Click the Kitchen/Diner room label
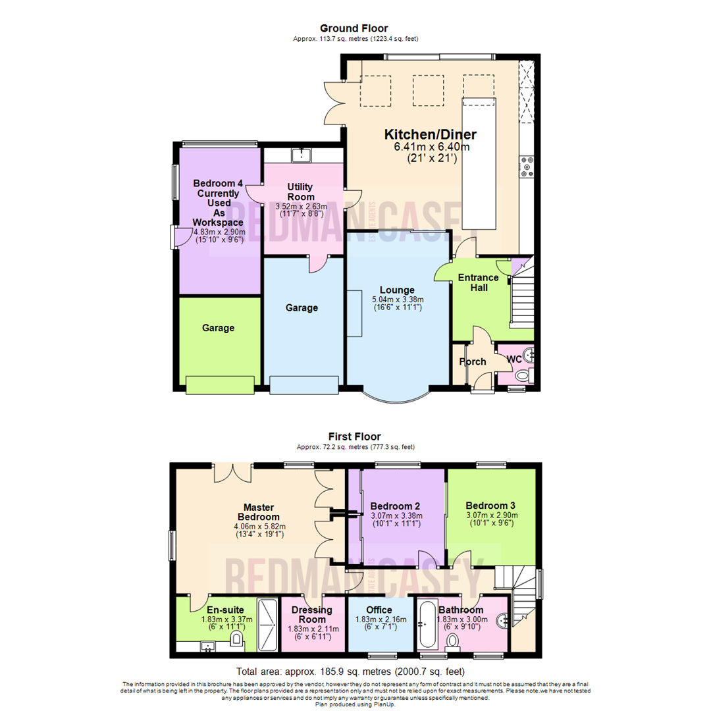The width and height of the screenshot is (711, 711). coord(430,135)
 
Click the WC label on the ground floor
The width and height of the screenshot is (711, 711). coord(513,359)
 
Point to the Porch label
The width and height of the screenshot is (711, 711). coord(472,361)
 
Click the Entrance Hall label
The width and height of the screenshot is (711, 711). coord(478,282)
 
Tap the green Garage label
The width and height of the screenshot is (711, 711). coord(218,328)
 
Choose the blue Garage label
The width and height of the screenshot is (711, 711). coord(302,307)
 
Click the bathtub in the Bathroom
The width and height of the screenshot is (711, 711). coord(426,624)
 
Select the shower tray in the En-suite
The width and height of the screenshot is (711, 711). coord(267,623)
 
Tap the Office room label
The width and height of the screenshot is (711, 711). coord(379,610)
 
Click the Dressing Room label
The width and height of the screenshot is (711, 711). coord(312,615)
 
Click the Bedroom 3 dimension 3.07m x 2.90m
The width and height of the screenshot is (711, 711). coord(492,515)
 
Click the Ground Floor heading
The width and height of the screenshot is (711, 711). coord(354,28)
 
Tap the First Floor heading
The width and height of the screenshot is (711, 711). coord(354,436)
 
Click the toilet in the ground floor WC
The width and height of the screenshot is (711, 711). coord(522,376)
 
